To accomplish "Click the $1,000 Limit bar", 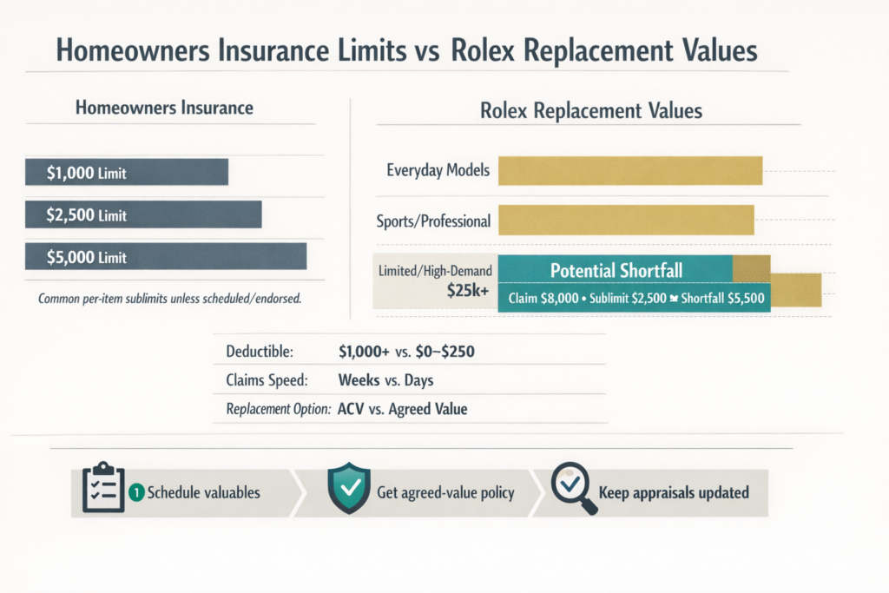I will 126,172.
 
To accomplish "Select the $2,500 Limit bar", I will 143,214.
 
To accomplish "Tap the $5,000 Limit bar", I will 166,256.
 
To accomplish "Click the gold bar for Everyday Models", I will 629,170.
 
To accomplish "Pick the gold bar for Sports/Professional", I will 625,221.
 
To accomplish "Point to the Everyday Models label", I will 438,170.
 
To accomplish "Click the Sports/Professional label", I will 433,221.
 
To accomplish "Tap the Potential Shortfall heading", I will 616,271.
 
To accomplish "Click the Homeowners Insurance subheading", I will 164,109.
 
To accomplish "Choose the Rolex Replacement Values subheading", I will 590,111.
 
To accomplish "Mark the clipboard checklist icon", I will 98,491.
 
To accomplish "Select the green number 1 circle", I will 135,492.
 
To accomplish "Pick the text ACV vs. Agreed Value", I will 400,409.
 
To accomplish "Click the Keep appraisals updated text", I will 673,492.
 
